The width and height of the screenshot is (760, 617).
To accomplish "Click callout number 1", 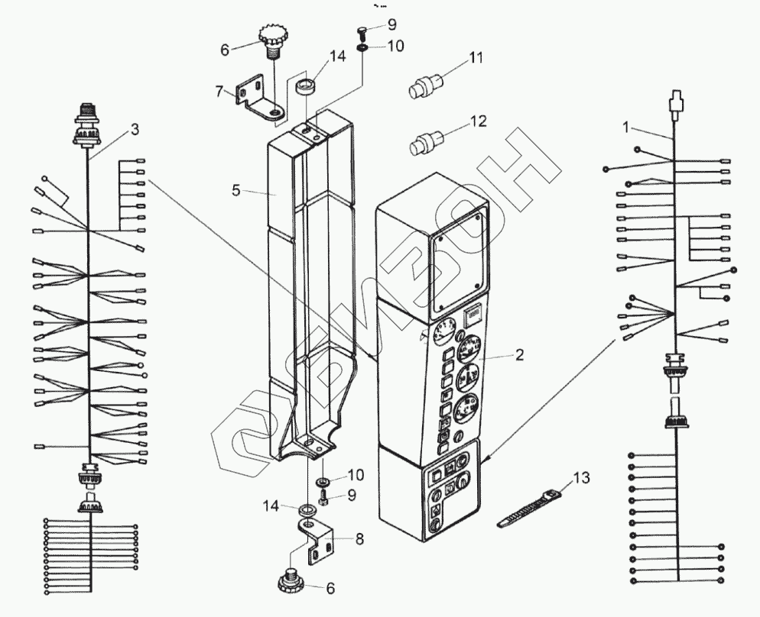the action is coord(627,128).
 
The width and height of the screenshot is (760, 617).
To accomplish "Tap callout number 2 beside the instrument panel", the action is coord(519,355).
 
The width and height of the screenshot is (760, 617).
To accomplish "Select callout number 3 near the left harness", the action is coord(135,129).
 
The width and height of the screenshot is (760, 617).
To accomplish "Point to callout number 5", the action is coord(237,190).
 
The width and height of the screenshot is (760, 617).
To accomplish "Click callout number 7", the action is coord(219,92).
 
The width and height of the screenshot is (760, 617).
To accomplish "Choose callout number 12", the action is coord(479,121).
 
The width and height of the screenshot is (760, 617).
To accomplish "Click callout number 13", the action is coord(582,479).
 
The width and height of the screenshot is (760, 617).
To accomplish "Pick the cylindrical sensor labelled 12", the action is coord(424,143).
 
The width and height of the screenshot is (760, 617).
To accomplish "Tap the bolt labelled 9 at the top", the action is coord(362,31).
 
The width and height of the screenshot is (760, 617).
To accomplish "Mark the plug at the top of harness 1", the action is coord(674,102).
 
